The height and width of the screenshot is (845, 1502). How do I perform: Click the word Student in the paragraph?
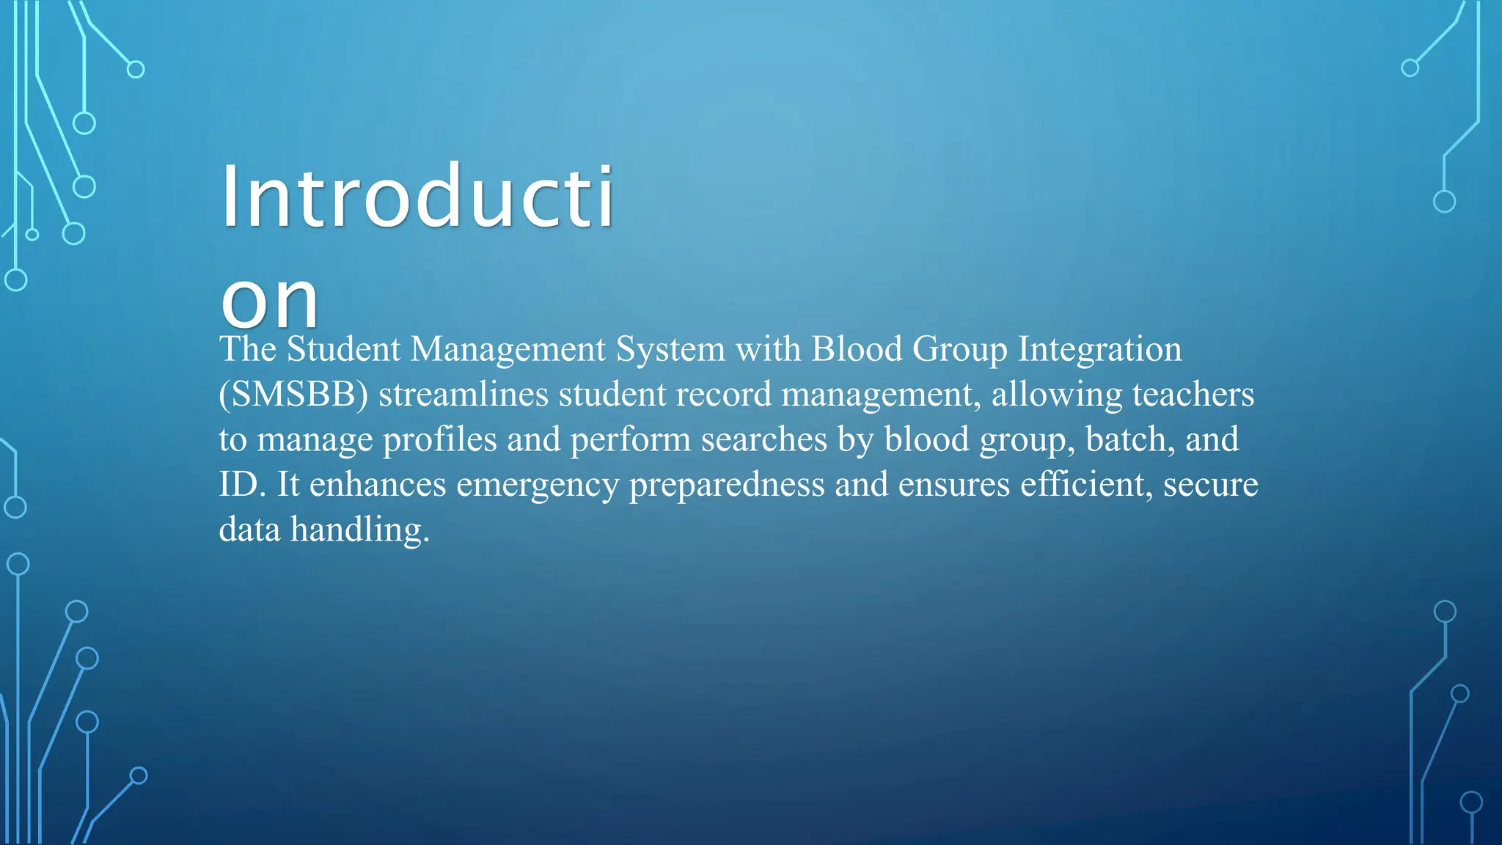click(x=342, y=349)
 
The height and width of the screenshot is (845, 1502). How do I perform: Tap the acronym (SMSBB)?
click(x=293, y=395)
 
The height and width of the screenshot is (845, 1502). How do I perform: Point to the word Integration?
click(x=1099, y=349)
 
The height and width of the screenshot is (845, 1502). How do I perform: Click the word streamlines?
click(x=464, y=395)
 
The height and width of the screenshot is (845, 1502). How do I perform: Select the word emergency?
click(x=538, y=485)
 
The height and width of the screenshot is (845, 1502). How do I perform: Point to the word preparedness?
click(x=727, y=485)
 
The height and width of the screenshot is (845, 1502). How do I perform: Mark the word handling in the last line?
click(x=359, y=530)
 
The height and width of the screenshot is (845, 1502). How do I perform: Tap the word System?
click(x=670, y=349)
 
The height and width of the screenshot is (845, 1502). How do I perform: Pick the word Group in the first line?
click(x=959, y=349)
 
